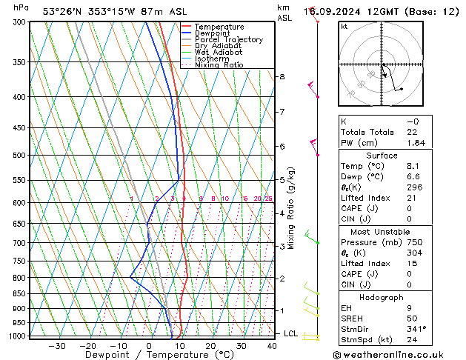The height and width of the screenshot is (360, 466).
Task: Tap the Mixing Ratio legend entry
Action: (219, 64)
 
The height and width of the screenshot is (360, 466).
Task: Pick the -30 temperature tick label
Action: (56, 346)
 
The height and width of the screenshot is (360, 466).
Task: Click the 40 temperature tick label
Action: (273, 346)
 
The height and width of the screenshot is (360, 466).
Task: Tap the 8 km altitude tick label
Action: (282, 77)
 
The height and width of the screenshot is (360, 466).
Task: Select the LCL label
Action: (290, 333)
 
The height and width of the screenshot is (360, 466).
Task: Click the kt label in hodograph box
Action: (344, 27)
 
